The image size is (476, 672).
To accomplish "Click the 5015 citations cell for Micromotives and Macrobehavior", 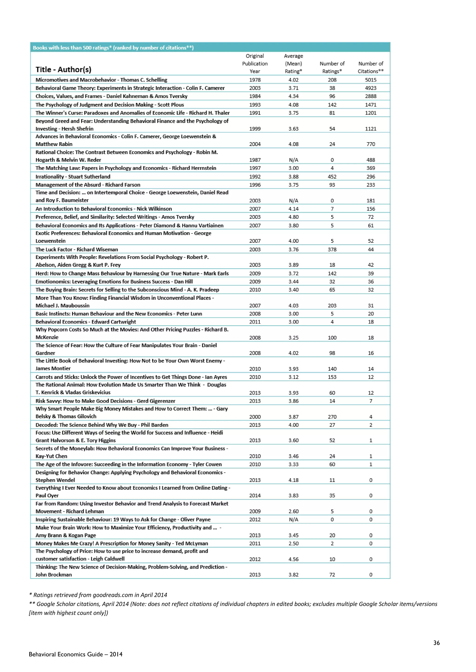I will click(370, 80).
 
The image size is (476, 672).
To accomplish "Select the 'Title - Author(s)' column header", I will click(63, 70).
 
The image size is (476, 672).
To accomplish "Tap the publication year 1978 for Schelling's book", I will click(255, 80).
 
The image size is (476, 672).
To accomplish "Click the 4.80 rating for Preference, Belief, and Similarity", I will click(293, 217).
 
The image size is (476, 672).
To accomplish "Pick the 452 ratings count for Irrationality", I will click(332, 177).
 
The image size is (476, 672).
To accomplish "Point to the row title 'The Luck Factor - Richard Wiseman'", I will click(77, 249).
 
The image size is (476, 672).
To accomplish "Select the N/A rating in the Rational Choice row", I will click(293, 160).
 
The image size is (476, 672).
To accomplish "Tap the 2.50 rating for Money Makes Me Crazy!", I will click(293, 543).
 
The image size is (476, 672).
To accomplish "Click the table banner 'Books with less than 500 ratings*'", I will click(113, 47).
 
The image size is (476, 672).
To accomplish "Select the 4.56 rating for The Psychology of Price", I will click(293, 559).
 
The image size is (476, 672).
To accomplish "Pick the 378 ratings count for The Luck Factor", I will click(332, 249).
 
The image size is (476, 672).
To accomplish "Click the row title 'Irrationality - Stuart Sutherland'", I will click(73, 177).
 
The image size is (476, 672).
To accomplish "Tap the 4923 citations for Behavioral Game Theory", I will click(370, 88).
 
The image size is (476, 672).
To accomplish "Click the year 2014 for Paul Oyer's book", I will click(255, 495).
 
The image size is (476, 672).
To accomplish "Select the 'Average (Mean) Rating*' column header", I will click(293, 64).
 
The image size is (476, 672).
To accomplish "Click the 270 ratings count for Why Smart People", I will click(332, 417).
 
